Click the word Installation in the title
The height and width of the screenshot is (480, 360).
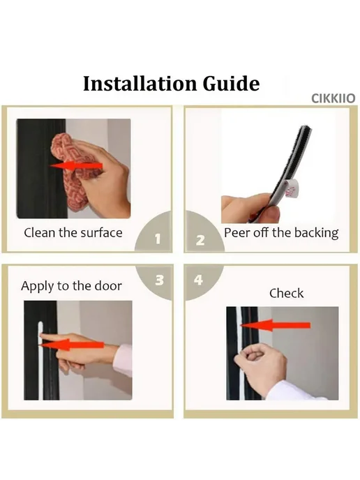tap(140, 83)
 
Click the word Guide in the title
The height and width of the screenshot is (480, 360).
tap(232, 84)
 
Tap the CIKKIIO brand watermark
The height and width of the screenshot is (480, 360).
tap(333, 98)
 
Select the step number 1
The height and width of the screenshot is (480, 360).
tap(158, 239)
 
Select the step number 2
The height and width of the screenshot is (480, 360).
tap(200, 240)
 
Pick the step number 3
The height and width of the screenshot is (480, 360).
tap(160, 280)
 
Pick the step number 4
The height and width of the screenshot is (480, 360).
tap(198, 280)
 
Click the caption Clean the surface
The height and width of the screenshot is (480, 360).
tap(73, 232)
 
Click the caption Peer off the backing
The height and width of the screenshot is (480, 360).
tap(281, 233)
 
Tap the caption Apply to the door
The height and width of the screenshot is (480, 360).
tap(71, 286)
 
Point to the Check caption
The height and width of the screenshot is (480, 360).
tap(287, 293)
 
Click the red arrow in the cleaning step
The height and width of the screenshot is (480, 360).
tap(76, 166)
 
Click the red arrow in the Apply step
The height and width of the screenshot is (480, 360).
tap(72, 345)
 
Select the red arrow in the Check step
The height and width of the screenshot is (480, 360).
tap(275, 325)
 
